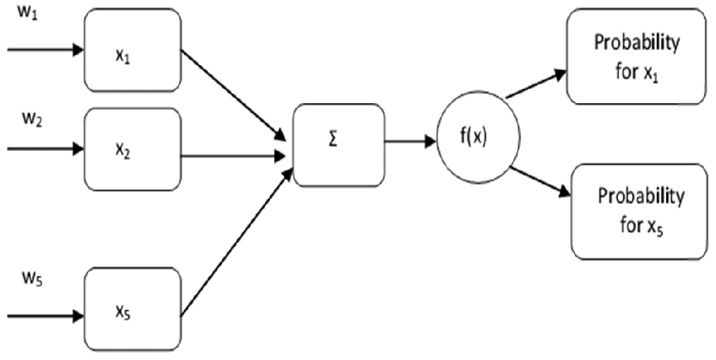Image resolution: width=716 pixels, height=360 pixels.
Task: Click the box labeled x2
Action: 133,150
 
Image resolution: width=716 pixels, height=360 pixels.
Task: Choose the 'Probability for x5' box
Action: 639,210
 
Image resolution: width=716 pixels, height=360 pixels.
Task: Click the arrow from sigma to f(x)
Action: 410,141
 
